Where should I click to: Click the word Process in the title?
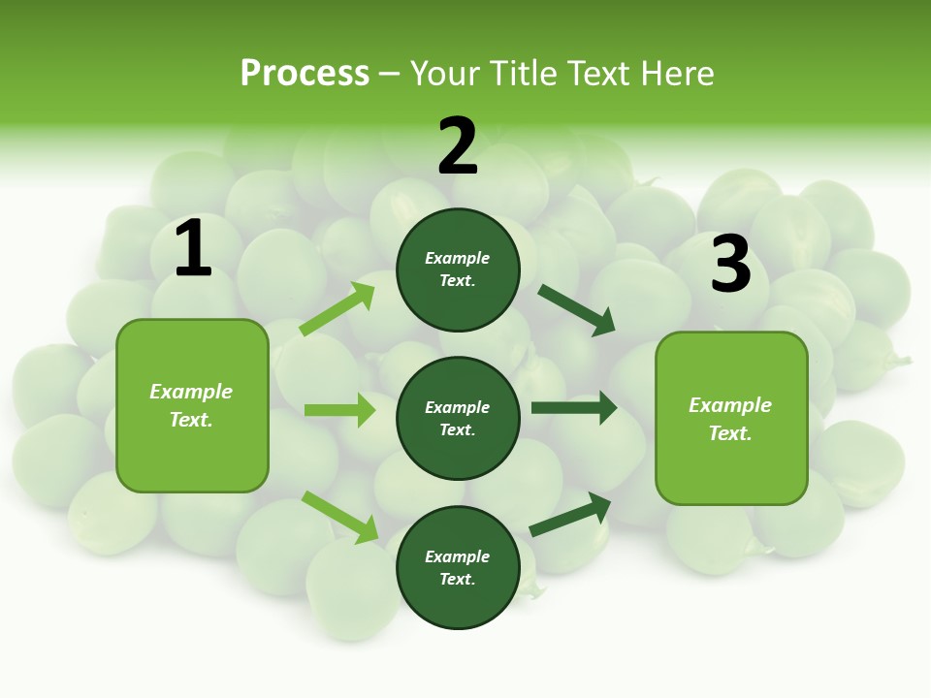pos(305,73)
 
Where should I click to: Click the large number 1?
pos(193,249)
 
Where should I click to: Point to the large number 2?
pos(458,146)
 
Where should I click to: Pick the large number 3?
pos(730,264)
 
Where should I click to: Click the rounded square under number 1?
pos(192,405)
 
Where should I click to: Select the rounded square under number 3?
pos(731,418)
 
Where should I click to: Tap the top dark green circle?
pos(458,270)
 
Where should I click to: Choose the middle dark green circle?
pos(458,418)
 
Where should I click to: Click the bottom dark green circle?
pos(458,567)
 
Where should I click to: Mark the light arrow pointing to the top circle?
pos(337,309)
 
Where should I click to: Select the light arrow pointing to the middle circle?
pos(339,410)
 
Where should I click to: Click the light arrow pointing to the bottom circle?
pos(340,517)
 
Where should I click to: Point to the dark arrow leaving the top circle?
pos(576,309)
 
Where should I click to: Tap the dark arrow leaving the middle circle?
pos(573,408)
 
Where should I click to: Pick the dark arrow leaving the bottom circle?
pos(570,515)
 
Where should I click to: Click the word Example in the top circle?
pos(458,258)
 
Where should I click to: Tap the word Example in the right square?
pos(730,405)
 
